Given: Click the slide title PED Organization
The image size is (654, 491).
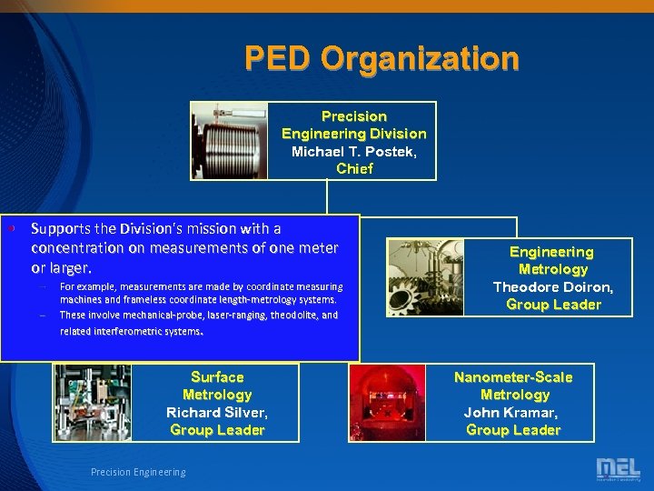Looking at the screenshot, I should pos(381,59).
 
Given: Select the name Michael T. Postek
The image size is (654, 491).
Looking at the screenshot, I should pos(354,151).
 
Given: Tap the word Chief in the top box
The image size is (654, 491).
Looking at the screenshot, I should pos(354,168).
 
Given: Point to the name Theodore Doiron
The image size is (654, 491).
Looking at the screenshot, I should pos(552,286).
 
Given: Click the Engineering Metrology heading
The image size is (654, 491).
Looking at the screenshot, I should pos(552,260).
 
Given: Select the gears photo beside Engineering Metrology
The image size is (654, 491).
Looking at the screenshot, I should pos(426,277).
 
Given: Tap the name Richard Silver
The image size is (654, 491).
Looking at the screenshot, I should pos(217,412).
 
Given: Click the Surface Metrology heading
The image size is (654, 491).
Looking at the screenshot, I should pos(217,386).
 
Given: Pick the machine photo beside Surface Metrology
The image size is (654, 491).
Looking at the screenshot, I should pos(93,403).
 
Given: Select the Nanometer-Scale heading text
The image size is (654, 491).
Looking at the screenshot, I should pos(513,377).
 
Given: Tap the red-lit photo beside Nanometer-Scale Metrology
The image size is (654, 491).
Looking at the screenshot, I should pos(388,403).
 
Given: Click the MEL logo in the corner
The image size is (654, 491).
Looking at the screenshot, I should pos(618,469).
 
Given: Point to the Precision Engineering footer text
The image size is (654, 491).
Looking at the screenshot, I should pos(138,472).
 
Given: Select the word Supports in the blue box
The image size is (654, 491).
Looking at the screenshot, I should pos(59,228).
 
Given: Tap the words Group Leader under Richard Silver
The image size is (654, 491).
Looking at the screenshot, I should pos(217,430).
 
